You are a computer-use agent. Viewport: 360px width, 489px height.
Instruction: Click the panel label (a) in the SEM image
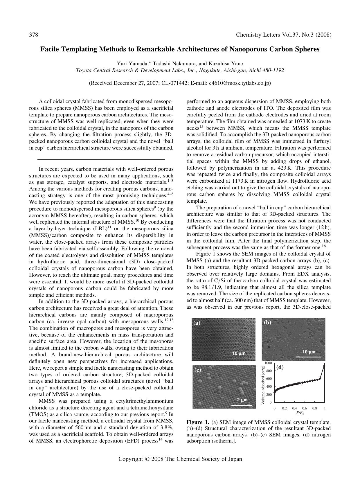(x=197, y=323)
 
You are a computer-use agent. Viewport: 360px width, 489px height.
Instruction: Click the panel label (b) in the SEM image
(x=267, y=323)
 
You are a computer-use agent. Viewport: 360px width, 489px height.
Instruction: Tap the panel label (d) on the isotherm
(x=280, y=367)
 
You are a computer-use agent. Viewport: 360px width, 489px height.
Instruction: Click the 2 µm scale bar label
(x=242, y=400)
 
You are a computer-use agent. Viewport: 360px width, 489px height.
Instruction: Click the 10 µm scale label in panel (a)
(x=239, y=353)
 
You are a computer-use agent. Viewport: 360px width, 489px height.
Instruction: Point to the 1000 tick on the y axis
(x=268, y=363)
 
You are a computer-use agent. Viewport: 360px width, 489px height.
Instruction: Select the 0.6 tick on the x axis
(x=305, y=408)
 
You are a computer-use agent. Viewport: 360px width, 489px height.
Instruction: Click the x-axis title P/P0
(x=300, y=412)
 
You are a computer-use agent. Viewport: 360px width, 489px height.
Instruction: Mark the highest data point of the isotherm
(x=324, y=366)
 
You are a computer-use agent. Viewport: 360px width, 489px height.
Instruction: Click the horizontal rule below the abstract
(x=101, y=159)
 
